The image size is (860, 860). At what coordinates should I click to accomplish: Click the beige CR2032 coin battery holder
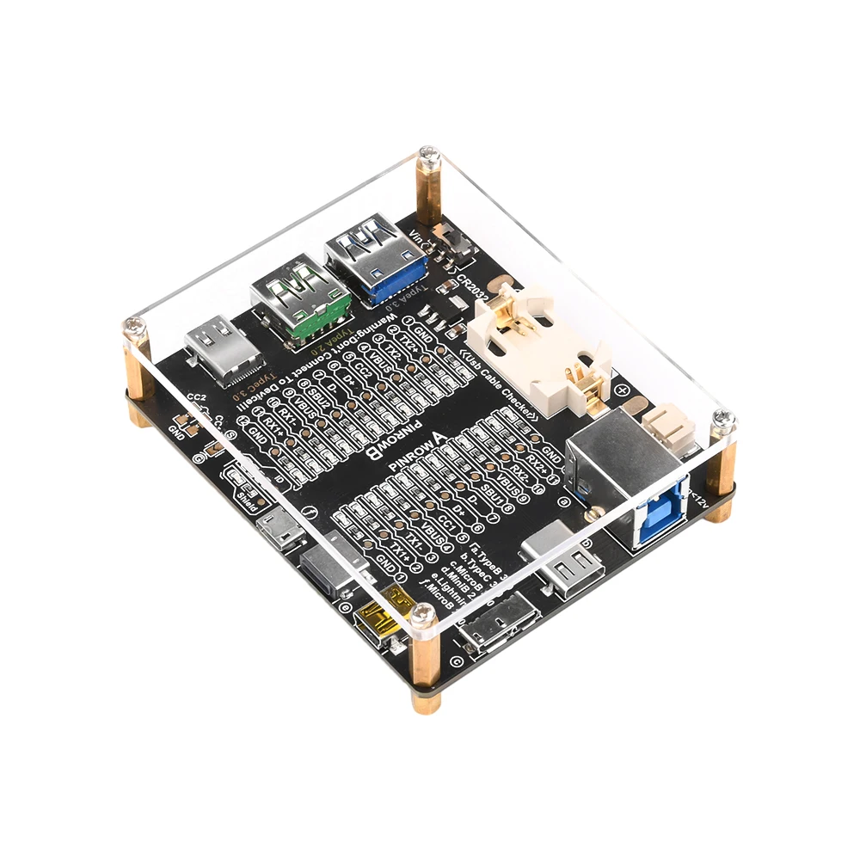pyautogui.click(x=537, y=345)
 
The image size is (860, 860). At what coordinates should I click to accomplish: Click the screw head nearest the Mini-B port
pyautogui.click(x=421, y=613)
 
